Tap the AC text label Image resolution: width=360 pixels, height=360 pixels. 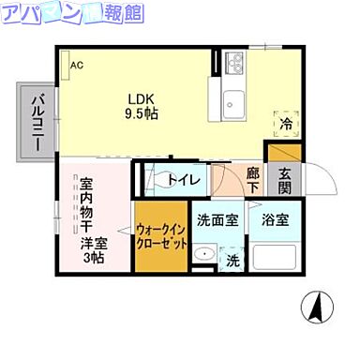[77, 65]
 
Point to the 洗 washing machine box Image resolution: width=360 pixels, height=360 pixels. [232, 260]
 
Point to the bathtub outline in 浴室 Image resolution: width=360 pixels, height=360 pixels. [277, 257]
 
